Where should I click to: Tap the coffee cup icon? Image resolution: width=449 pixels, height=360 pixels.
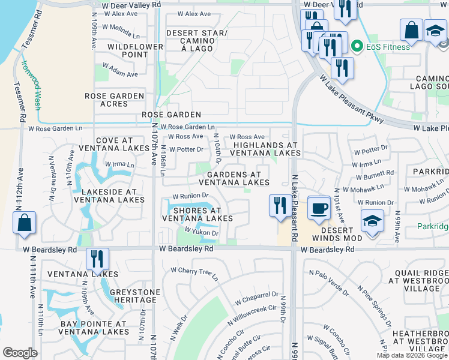click(319, 208)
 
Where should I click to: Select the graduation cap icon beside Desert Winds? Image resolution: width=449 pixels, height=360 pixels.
click(372, 221)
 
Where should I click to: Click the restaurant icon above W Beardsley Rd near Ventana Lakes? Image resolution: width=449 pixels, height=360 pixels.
click(97, 259)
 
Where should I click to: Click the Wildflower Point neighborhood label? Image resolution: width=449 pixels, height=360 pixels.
click(135, 50)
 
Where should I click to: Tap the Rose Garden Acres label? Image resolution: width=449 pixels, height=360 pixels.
click(115, 100)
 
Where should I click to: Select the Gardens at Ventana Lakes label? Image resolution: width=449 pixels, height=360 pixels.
click(234, 178)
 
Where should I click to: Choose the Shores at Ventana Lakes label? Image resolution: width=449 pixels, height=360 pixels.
click(197, 214)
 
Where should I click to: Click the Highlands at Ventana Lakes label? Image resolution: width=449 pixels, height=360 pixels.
click(266, 149)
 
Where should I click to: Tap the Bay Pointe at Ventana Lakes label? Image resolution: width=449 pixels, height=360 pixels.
click(92, 328)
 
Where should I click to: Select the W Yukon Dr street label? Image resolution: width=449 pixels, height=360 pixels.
click(200, 230)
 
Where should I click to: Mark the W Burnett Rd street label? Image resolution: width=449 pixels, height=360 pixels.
click(375, 176)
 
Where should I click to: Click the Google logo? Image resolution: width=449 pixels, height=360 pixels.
click(20, 353)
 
